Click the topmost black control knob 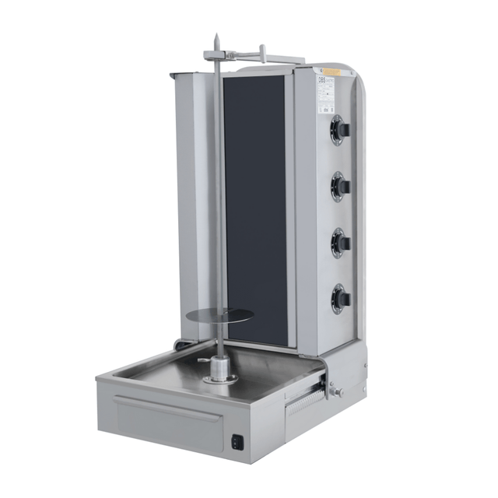click(340, 130)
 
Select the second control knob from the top click(340, 185)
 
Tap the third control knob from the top click(340, 242)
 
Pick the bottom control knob click(340, 298)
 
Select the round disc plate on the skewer click(221, 315)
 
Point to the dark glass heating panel click(254, 210)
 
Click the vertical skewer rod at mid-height click(219, 195)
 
